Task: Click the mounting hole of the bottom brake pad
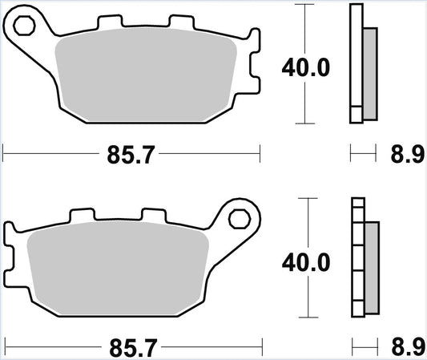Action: click(x=239, y=217)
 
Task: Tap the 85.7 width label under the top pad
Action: click(x=131, y=154)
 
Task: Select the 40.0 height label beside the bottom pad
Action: click(x=305, y=261)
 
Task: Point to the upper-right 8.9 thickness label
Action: click(x=407, y=155)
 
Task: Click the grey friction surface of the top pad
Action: click(x=144, y=80)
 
